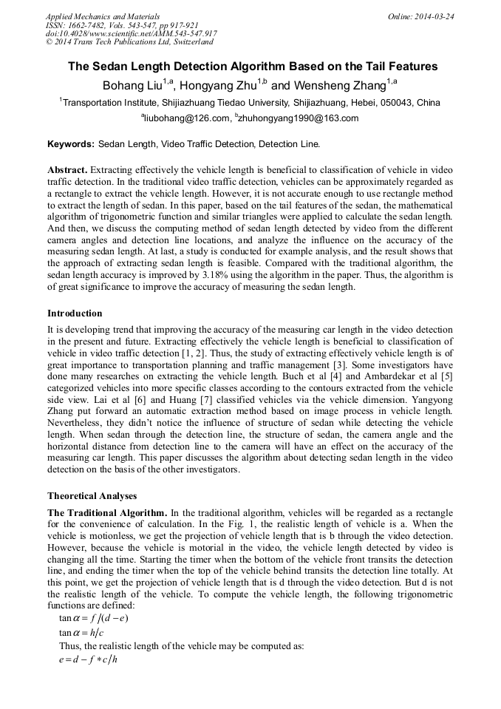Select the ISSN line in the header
pos(122,25)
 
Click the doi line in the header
pos(131,33)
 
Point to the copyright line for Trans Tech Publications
pos(129,42)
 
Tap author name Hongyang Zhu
pos(218,85)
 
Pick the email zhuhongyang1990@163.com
pos(298,118)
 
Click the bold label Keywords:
pos(70,143)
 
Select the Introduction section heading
pos(75,313)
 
